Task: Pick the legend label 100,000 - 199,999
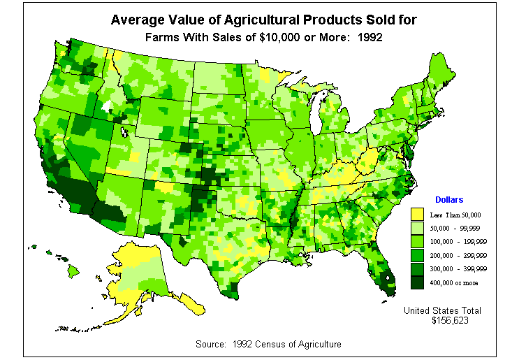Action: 458,242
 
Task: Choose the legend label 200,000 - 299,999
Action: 458,255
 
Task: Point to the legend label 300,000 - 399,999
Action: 458,268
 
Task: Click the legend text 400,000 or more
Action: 455,282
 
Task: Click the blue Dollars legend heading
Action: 449,200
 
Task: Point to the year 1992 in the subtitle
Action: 369,37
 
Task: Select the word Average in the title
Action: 136,20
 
